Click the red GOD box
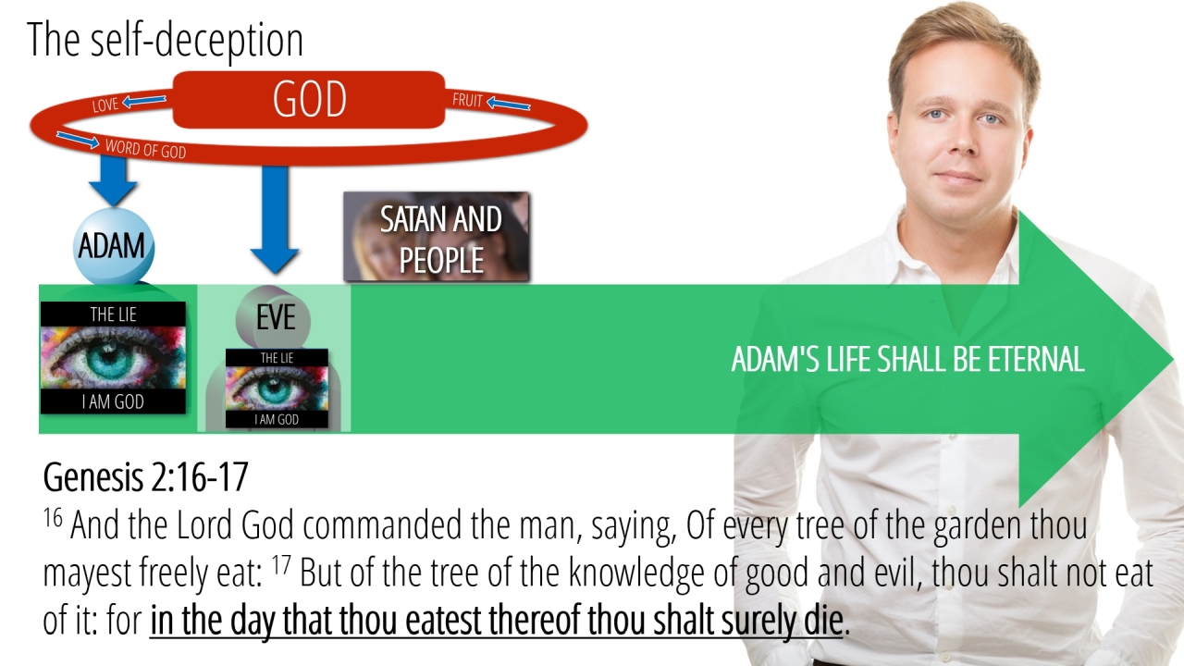pyautogui.click(x=309, y=100)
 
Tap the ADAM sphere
pyautogui.click(x=113, y=247)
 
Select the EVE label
pyautogui.click(x=276, y=318)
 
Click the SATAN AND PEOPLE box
pyautogui.click(x=437, y=236)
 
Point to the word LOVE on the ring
pyautogui.click(x=105, y=105)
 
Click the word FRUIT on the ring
pyautogui.click(x=467, y=99)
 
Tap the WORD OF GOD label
pyautogui.click(x=145, y=149)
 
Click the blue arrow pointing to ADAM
pyautogui.click(x=113, y=179)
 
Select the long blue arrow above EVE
pyautogui.click(x=275, y=219)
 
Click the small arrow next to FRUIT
pyautogui.click(x=508, y=103)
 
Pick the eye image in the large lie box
pyautogui.click(x=113, y=358)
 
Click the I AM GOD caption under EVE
pyautogui.click(x=277, y=420)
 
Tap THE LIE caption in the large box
pyautogui.click(x=113, y=314)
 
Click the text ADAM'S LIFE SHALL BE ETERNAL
pyautogui.click(x=907, y=360)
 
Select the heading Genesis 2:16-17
pyautogui.click(x=145, y=477)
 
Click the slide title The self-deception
pyautogui.click(x=165, y=39)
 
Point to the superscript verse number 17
pyautogui.click(x=281, y=564)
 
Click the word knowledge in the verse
pyautogui.click(x=636, y=573)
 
